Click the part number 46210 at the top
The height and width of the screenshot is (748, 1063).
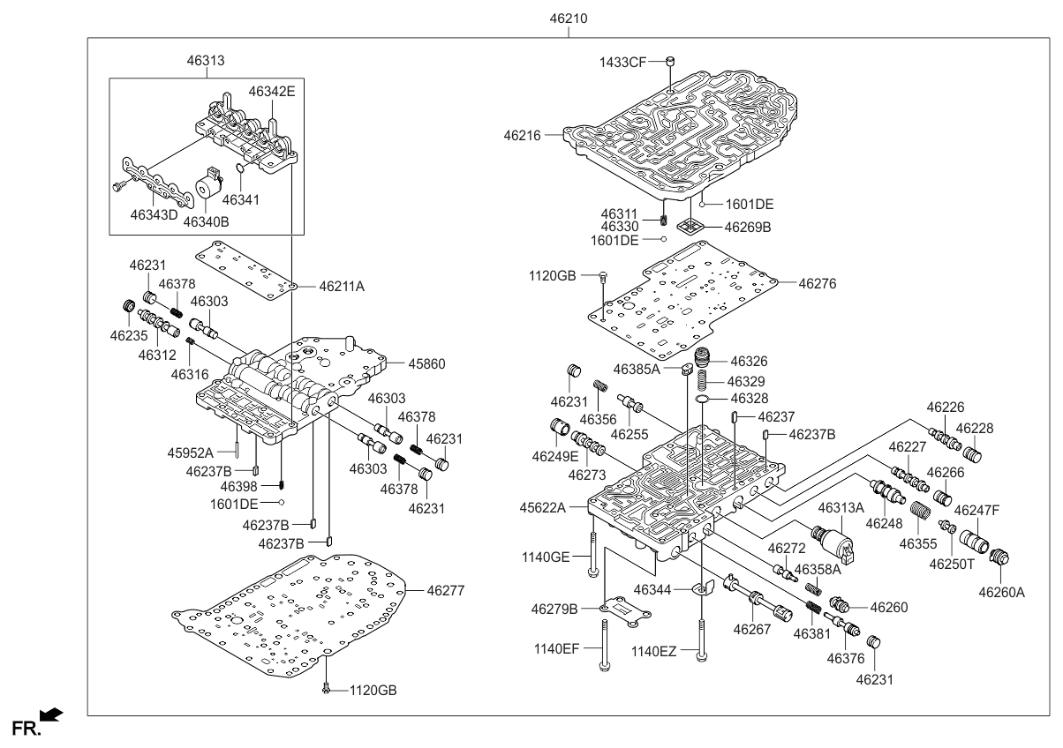click(569, 19)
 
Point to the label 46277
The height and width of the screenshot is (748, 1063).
click(446, 590)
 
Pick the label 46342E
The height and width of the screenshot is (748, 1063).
click(272, 90)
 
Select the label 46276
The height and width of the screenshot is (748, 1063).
click(818, 284)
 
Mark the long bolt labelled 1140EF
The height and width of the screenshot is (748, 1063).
click(605, 643)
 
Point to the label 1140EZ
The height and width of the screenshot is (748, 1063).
click(654, 651)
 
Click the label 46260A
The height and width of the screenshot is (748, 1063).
click(1001, 593)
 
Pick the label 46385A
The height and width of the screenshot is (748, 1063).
click(637, 369)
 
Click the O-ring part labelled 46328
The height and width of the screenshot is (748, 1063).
click(703, 400)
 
